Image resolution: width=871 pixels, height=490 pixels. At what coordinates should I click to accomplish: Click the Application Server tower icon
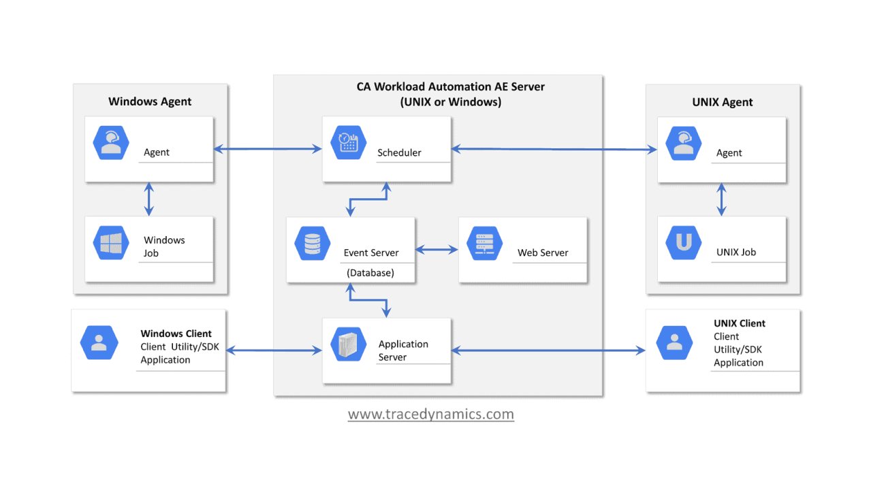pos(348,344)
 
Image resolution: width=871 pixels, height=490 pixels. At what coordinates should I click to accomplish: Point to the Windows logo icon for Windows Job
pos(111,244)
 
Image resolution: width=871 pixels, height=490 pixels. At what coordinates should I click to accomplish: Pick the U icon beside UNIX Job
pos(683,244)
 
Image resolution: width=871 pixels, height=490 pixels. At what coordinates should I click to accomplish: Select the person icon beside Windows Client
pos(99,342)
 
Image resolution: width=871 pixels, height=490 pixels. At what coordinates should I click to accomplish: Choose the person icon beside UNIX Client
pos(674,342)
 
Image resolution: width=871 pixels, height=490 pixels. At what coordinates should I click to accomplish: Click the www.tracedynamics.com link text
pos(430,414)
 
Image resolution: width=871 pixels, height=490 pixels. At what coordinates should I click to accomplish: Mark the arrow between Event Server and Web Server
pos(437,250)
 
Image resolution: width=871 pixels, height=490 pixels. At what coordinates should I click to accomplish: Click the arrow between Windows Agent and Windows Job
pos(149,199)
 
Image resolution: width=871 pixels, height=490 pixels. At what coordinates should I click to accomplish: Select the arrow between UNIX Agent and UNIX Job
pos(721,199)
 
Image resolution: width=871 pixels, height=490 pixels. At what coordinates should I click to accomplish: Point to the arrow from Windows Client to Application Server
pos(274,350)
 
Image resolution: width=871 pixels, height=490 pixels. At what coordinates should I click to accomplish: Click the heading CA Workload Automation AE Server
pos(450,86)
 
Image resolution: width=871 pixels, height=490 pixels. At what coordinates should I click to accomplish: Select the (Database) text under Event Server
pos(370,273)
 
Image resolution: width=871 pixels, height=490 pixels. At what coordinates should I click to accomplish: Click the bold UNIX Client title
pos(739,323)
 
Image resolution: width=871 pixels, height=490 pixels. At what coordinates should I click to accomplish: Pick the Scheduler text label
pos(399,152)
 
